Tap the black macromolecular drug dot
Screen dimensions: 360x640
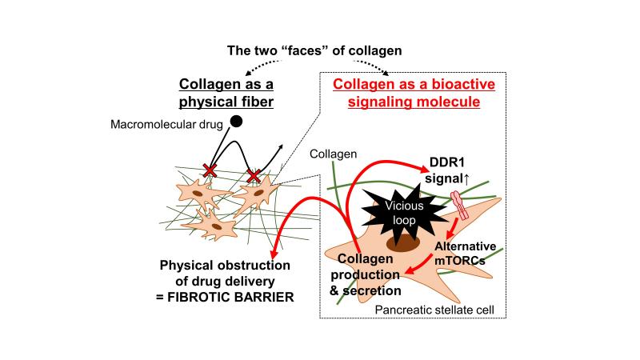point(237,122)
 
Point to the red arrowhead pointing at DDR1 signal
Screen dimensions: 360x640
point(424,167)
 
